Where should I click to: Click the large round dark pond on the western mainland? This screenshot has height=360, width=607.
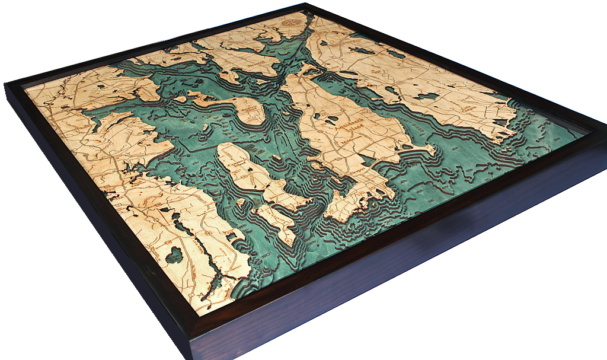(175, 256)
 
